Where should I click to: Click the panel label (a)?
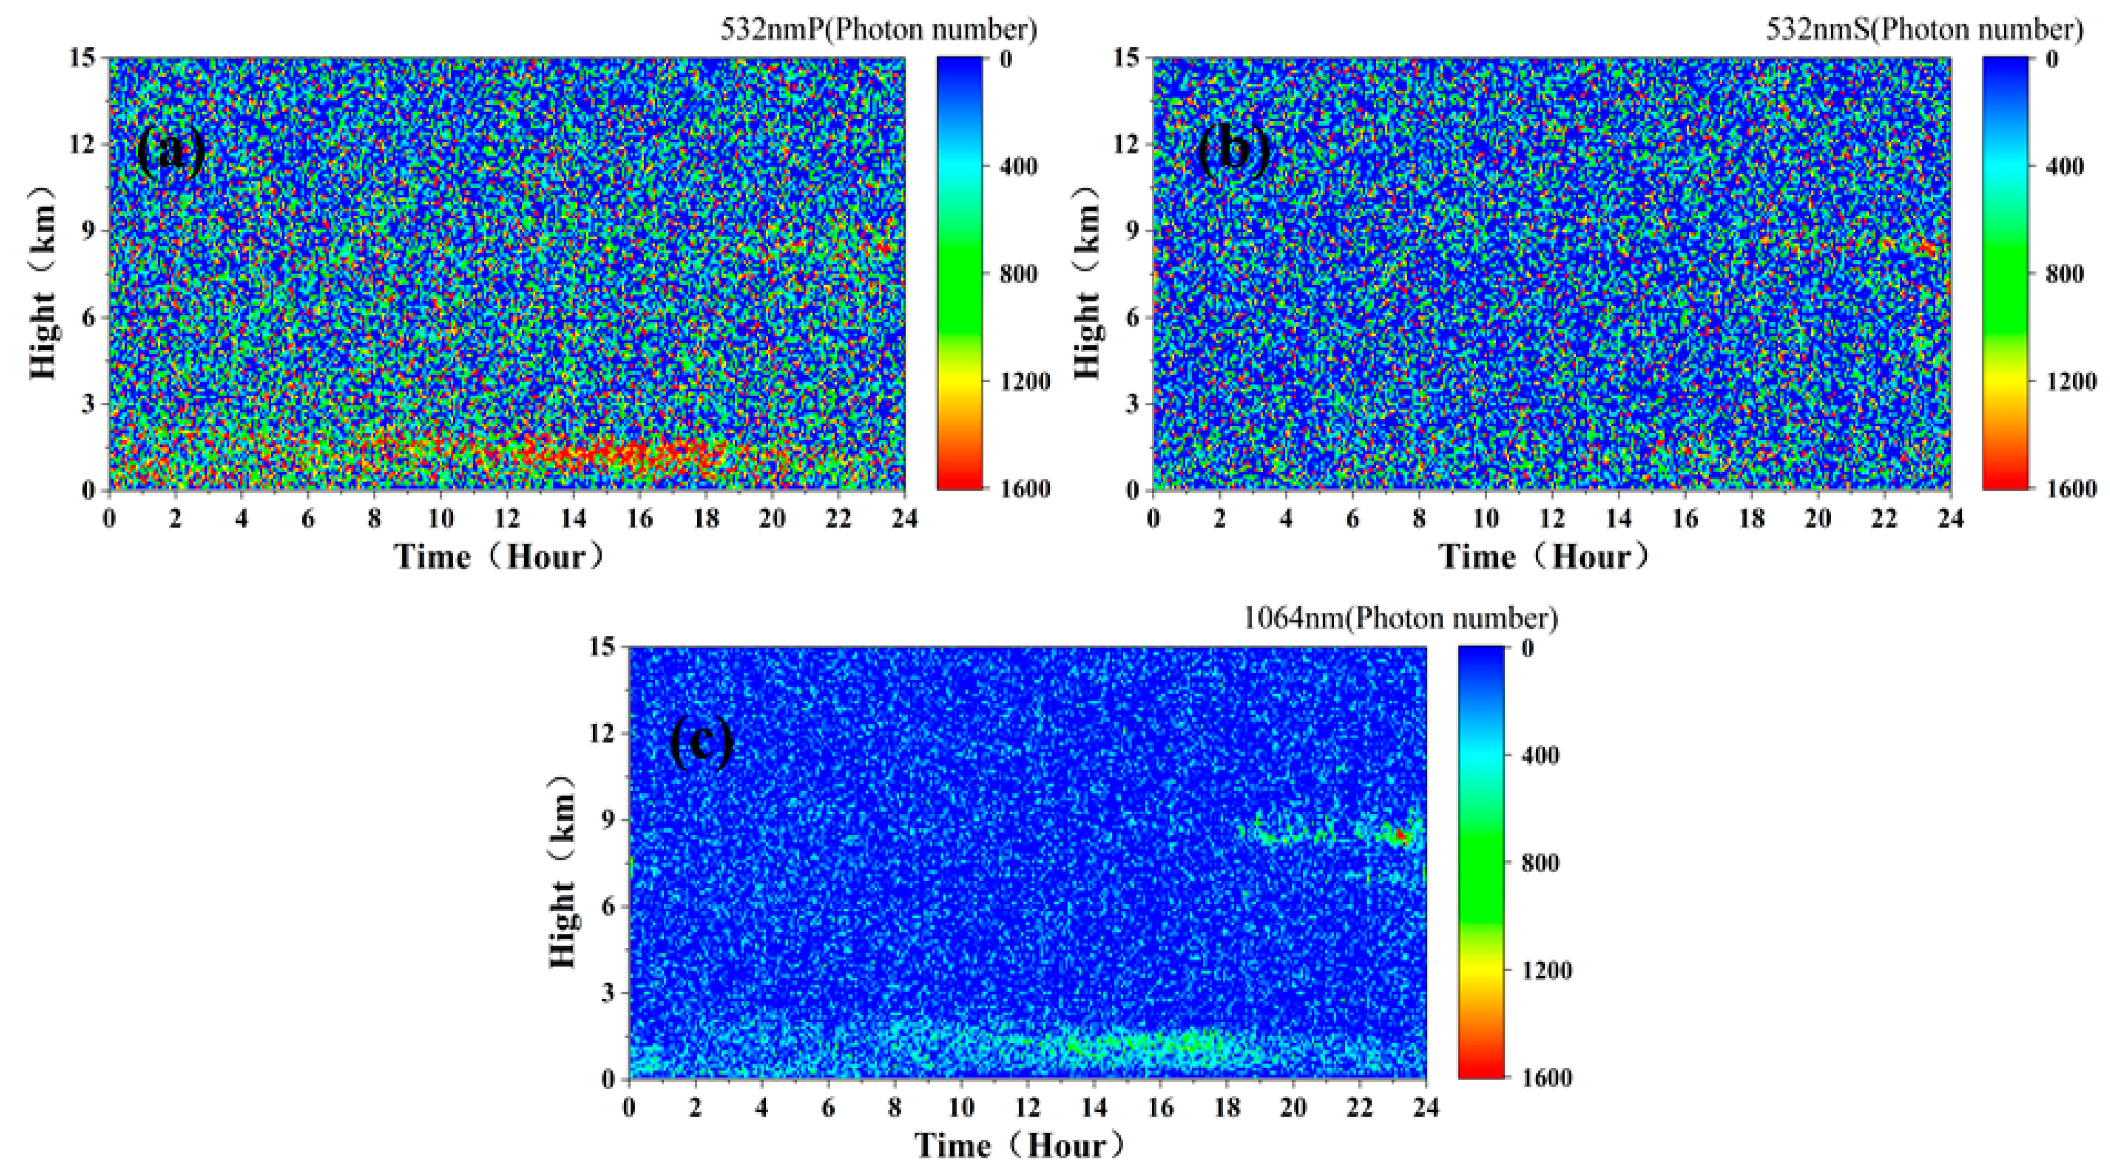171,152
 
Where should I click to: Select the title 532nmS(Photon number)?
1924,30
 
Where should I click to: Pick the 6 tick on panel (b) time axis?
1353,518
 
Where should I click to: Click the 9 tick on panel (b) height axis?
1133,231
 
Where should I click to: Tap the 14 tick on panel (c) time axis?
1093,1108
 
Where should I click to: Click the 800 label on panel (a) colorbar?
1018,274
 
